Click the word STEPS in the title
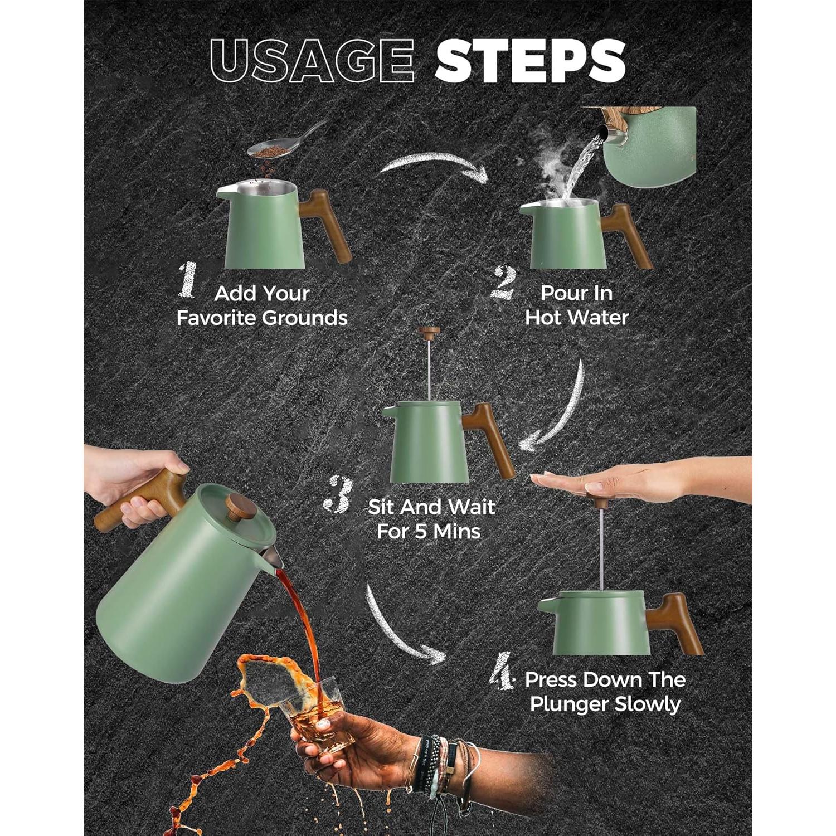[x=530, y=61]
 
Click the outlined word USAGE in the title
[x=312, y=61]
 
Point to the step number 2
[x=503, y=283]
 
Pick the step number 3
[x=338, y=494]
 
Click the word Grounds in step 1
[x=304, y=318]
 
